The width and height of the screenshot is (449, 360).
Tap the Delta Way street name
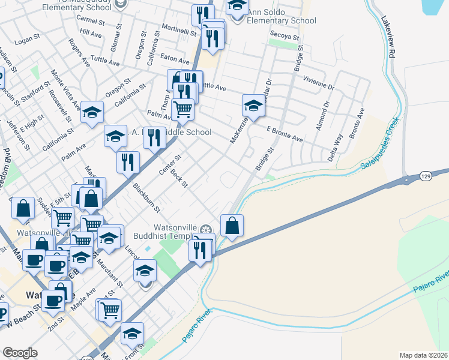pos(338,144)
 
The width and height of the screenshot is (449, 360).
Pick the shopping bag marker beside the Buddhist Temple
pos(232,226)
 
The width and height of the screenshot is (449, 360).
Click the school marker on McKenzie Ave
pos(254,106)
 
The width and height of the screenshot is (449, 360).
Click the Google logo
pos(20,352)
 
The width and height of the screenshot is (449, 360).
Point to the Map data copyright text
pos(423,355)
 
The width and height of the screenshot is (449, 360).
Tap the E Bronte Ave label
pos(285,133)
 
